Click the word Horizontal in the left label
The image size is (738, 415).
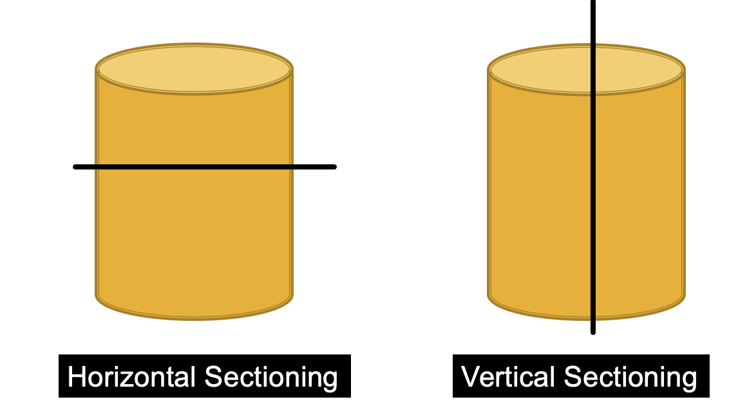[133, 377]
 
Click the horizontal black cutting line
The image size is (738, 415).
[205, 167]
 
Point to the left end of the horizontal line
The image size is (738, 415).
[76, 167]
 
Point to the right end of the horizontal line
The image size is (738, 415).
[334, 167]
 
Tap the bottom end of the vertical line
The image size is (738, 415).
[593, 332]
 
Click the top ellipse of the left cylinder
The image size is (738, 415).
[194, 69]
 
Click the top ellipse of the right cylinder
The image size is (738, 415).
[547, 70]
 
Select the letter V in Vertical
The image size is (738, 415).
[470, 377]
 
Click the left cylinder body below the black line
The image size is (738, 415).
[194, 238]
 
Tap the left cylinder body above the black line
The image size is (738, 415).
[194, 129]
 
